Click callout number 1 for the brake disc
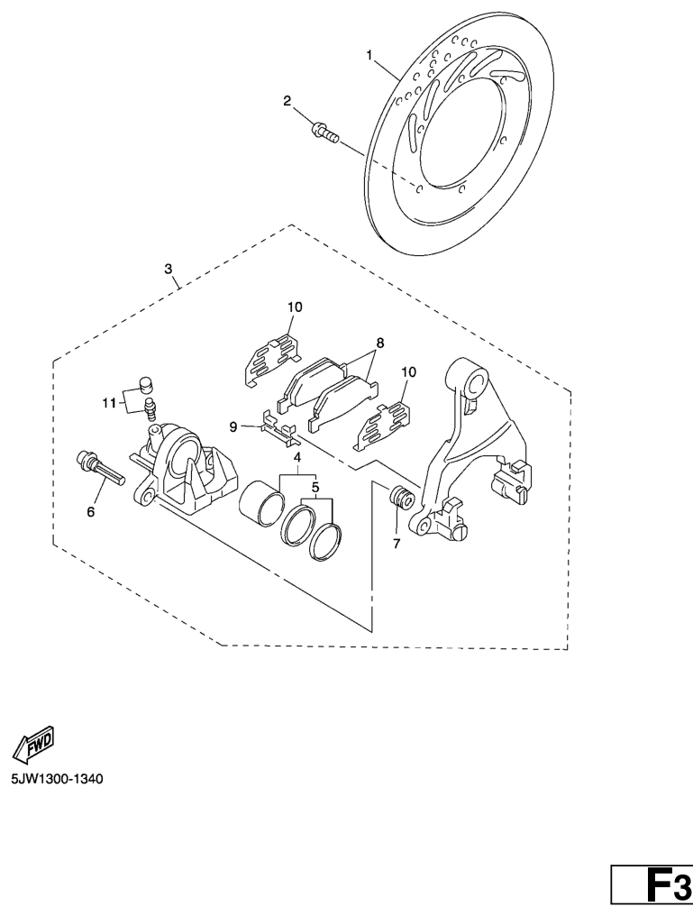click(x=369, y=55)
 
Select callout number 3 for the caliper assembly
click(x=169, y=269)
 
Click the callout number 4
click(x=296, y=457)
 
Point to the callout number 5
click(x=315, y=487)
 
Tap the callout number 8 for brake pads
click(x=380, y=343)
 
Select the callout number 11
click(x=109, y=402)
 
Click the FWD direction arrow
click(x=32, y=743)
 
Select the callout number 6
click(x=91, y=511)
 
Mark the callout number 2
click(x=287, y=101)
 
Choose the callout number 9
click(x=233, y=426)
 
